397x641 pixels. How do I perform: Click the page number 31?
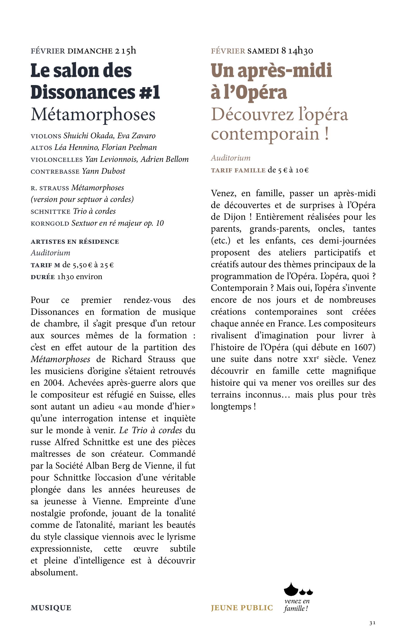372,623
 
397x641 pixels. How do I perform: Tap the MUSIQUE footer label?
51,608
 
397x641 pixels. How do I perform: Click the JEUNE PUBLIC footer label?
242,608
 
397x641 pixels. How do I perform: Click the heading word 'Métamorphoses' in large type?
93,115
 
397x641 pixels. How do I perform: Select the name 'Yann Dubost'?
103,171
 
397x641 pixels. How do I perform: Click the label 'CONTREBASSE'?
55,172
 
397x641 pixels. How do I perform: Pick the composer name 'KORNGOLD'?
50,224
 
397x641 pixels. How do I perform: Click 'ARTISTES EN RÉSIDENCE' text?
75,242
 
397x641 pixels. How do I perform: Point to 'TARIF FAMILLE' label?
238,170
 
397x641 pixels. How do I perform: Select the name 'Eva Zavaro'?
136,136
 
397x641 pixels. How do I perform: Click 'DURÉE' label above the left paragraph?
43,277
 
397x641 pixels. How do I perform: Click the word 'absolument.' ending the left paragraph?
54,572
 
